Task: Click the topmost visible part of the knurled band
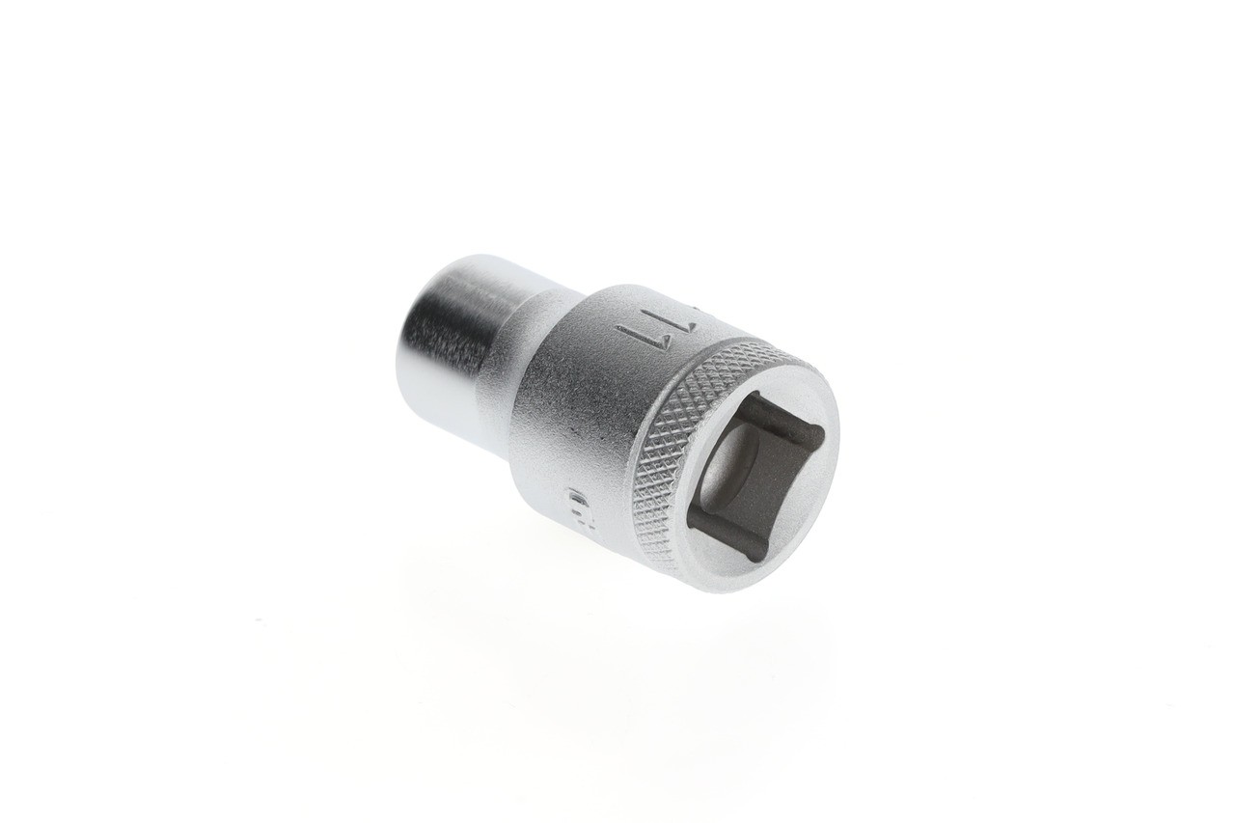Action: pyautogui.click(x=762, y=346)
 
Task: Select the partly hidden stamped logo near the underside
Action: pyautogui.click(x=576, y=501)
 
